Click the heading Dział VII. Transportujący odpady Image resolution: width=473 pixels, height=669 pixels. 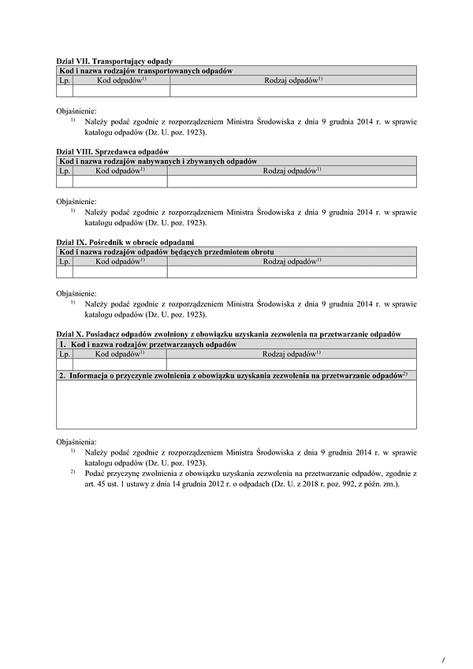pyautogui.click(x=114, y=61)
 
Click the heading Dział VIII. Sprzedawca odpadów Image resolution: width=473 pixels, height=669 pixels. pyautogui.click(x=113, y=151)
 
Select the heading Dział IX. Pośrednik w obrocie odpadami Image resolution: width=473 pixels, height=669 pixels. pyautogui.click(x=125, y=242)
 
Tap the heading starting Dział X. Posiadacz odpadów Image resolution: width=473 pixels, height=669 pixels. pyautogui.click(x=229, y=334)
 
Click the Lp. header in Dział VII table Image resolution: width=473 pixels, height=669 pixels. pyautogui.click(x=65, y=80)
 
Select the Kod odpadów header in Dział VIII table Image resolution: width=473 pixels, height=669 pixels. pyautogui.click(x=120, y=170)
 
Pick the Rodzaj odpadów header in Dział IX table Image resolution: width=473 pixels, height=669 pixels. pyautogui.click(x=292, y=261)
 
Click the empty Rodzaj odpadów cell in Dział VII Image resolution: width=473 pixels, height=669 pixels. pyautogui.click(x=292, y=91)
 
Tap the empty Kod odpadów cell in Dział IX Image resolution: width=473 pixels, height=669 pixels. pyautogui.click(x=120, y=272)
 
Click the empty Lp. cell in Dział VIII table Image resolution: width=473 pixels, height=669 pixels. pyautogui.click(x=65, y=181)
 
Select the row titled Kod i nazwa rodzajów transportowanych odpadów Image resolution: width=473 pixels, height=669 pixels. pyautogui.click(x=146, y=71)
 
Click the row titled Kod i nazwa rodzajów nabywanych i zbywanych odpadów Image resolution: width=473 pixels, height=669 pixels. pyautogui.click(x=158, y=161)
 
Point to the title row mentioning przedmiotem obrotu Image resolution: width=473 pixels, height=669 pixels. pyautogui.click(x=166, y=251)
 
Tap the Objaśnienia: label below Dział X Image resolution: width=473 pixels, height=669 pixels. pyautogui.click(x=76, y=442)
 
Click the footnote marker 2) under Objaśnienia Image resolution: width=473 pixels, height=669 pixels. pyautogui.click(x=72, y=472)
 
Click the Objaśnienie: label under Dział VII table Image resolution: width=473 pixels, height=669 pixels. pyautogui.click(x=76, y=111)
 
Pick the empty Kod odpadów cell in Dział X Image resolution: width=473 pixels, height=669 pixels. pyautogui.click(x=120, y=364)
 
